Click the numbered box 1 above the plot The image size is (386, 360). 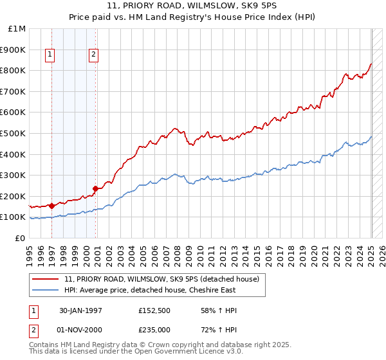(x=50, y=55)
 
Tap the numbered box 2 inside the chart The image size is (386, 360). (x=93, y=55)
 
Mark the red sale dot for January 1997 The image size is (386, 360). (x=51, y=206)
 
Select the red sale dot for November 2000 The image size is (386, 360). (x=95, y=188)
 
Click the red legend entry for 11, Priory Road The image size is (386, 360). (x=161, y=279)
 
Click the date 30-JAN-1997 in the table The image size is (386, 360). (x=80, y=310)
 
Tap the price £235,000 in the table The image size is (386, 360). (x=154, y=330)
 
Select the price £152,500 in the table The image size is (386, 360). (x=154, y=310)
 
